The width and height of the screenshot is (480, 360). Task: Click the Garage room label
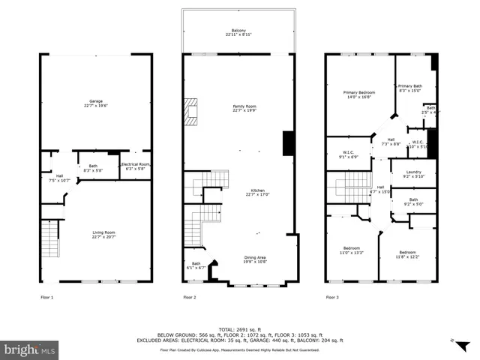[96, 103]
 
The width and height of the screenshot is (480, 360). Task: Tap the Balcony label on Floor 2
[238, 32]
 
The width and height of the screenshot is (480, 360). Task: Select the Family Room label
[238, 109]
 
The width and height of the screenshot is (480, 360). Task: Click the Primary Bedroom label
[359, 94]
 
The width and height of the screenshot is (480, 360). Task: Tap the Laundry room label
[414, 174]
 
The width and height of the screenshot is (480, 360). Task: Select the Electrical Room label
[136, 166]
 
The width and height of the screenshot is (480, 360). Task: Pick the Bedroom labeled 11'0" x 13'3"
[351, 250]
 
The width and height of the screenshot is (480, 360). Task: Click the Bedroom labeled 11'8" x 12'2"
[407, 254]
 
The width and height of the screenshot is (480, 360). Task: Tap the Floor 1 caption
[47, 298]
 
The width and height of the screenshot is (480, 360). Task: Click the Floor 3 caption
[331, 298]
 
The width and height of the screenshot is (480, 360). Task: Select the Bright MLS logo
[30, 349]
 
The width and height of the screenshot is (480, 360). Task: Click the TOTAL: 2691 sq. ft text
[238, 329]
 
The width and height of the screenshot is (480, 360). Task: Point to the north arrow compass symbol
[454, 341]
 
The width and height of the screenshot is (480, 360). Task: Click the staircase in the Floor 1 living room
[49, 239]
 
